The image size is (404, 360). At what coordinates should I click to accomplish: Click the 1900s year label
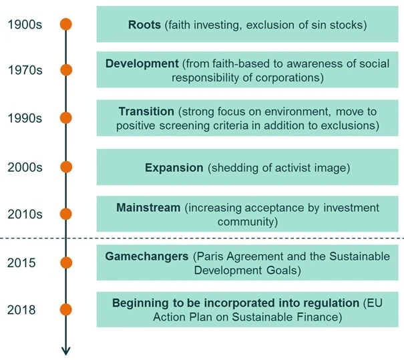[24, 25]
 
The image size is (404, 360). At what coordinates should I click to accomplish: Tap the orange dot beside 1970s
[66, 69]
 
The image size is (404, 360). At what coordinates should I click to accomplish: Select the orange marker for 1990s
[66, 118]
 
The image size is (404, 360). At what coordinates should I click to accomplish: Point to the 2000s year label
[25, 167]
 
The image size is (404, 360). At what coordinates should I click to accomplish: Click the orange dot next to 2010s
[66, 214]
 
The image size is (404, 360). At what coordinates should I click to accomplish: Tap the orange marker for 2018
[66, 309]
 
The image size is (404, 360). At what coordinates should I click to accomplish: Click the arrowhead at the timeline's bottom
[66, 349]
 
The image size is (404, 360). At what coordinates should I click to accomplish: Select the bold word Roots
[144, 25]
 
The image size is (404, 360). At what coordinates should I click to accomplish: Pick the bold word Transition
[146, 111]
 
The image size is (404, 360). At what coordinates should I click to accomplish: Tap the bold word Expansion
[174, 168]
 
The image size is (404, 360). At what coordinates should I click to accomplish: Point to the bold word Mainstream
[148, 208]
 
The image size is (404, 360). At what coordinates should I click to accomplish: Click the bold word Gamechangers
[146, 256]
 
